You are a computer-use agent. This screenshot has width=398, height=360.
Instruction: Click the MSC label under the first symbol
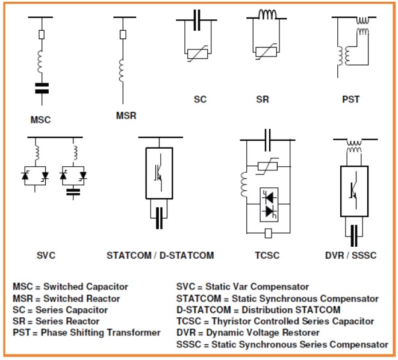click(41, 119)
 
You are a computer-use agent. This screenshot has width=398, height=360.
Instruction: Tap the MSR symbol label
click(126, 115)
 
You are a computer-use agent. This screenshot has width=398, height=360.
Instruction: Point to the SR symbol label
click(263, 99)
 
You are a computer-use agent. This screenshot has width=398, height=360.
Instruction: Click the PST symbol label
click(350, 99)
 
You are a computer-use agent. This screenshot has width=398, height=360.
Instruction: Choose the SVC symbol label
click(44, 255)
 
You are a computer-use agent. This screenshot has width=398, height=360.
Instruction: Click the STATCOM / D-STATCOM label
click(160, 255)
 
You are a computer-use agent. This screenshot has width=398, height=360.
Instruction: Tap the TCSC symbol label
click(267, 255)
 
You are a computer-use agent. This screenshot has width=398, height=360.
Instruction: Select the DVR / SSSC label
click(350, 255)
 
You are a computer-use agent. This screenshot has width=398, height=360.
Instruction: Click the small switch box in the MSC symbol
click(41, 35)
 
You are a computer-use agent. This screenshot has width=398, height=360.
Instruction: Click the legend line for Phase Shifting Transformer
click(87, 332)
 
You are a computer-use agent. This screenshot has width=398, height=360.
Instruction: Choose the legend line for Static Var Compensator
click(242, 287)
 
